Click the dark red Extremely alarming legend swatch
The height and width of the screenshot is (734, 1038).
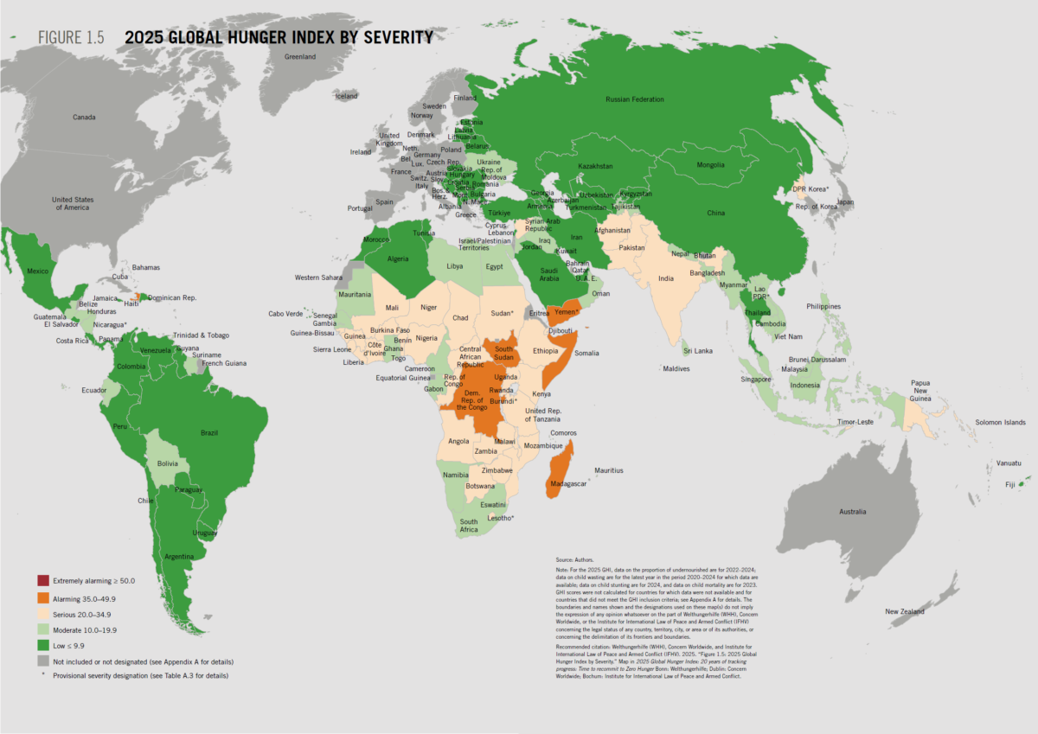(x=42, y=579)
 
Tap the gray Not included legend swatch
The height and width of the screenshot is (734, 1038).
(x=42, y=661)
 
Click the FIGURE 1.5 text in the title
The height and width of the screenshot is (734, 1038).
(x=70, y=38)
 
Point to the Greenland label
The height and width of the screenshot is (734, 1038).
(x=301, y=56)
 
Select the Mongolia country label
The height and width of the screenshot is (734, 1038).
(x=711, y=165)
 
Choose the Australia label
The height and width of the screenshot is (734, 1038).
(x=852, y=512)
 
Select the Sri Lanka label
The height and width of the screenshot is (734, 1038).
(x=698, y=351)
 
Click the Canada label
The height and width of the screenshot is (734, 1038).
(x=84, y=117)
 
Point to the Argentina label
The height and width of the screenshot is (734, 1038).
(x=179, y=555)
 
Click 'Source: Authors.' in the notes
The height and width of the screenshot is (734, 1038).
(x=577, y=560)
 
